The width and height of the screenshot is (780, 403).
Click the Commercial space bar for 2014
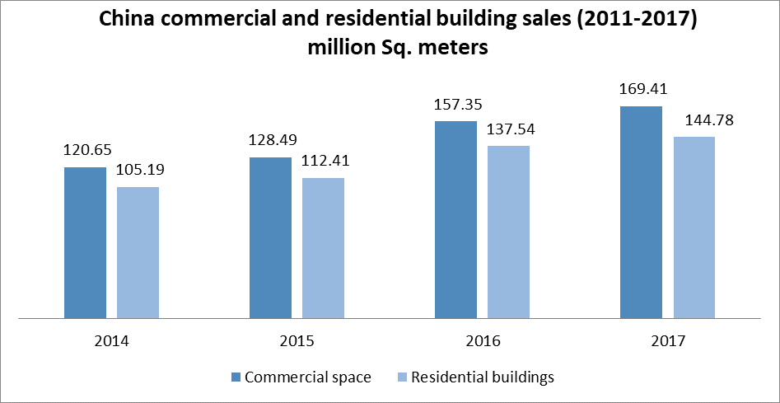(x=86, y=242)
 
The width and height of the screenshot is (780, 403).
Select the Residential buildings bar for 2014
(x=138, y=252)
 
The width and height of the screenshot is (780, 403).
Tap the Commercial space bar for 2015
(x=270, y=237)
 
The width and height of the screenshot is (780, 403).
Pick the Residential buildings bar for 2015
(x=323, y=247)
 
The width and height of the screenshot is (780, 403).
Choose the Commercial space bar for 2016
(x=455, y=219)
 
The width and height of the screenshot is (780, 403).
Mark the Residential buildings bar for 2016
(x=508, y=232)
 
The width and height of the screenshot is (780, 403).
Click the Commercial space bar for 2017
(x=641, y=212)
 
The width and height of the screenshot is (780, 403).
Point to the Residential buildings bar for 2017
(x=694, y=227)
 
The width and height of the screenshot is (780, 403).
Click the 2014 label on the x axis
(x=112, y=340)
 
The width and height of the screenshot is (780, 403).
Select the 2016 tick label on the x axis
(x=482, y=340)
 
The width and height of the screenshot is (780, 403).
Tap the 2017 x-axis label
(x=667, y=340)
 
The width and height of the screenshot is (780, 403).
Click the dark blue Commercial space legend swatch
(x=236, y=377)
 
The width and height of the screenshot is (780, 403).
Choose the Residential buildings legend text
(x=482, y=377)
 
